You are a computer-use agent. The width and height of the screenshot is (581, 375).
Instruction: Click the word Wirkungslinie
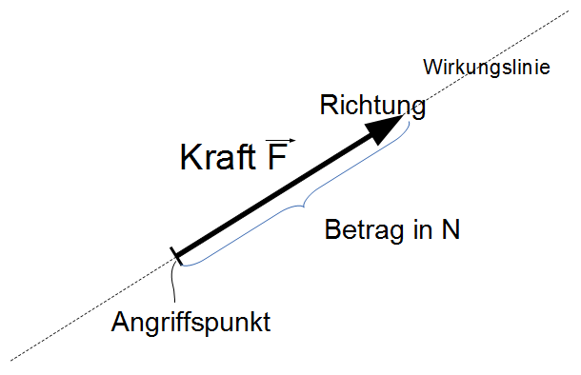[486, 69]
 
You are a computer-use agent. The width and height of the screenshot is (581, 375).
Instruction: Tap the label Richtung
[372, 105]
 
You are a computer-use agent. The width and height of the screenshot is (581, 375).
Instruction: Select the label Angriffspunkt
[190, 322]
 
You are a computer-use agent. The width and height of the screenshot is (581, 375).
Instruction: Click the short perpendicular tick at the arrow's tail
[175, 255]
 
